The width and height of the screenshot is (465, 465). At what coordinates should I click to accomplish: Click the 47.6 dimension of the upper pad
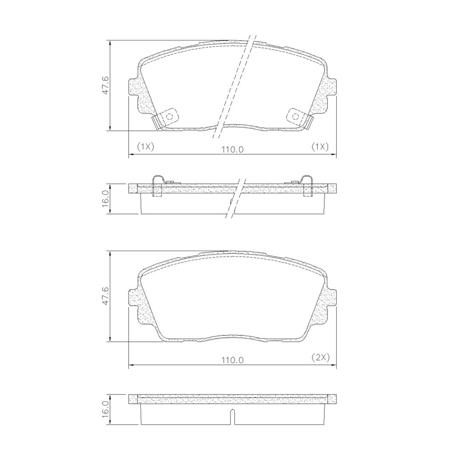[x=105, y=85]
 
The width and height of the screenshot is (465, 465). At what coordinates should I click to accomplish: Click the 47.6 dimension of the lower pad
[x=105, y=296]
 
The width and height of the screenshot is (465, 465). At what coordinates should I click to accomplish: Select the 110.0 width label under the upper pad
[x=232, y=149]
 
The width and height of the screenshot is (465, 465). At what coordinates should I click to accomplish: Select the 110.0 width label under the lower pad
[x=232, y=360]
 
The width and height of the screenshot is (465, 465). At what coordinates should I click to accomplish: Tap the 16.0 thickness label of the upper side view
[x=106, y=198]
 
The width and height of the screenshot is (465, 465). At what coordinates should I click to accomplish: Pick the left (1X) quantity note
[x=145, y=146]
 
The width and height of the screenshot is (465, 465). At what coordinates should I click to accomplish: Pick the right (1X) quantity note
[x=320, y=146]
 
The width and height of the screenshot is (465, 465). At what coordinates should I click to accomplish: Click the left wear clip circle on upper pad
[x=170, y=116]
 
